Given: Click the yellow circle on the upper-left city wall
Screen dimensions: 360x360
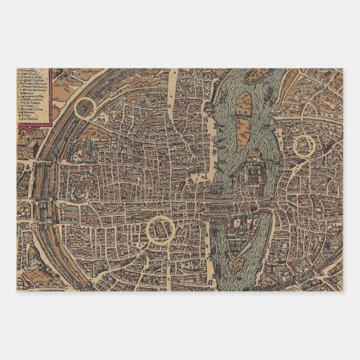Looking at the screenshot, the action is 86,107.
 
